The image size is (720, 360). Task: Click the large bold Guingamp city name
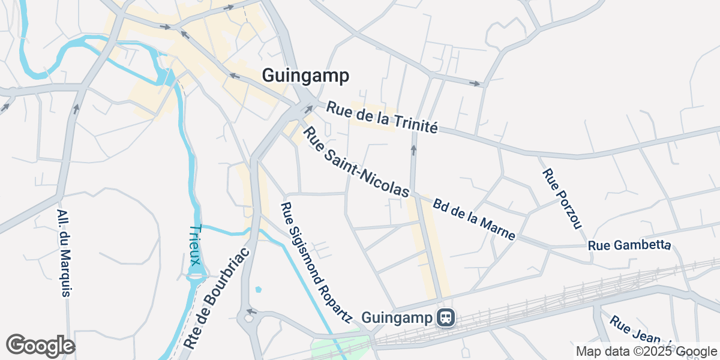click(x=305, y=76)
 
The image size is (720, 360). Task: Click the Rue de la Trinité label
click(x=382, y=117)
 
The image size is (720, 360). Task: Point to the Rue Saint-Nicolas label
click(x=356, y=162)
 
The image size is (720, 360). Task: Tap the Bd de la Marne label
click(x=473, y=220)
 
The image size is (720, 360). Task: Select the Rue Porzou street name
click(x=562, y=197)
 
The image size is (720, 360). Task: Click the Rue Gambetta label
click(x=629, y=245)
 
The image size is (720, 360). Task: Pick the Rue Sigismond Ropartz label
click(x=314, y=262)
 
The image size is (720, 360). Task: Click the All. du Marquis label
click(x=64, y=253)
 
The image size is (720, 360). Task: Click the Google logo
click(x=40, y=346)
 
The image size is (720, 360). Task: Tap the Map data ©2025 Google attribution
click(x=646, y=351)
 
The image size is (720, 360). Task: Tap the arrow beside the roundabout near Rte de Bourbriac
click(x=252, y=311)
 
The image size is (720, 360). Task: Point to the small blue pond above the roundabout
click(x=258, y=289)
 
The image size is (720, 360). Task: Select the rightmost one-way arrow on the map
click(x=476, y=83)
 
